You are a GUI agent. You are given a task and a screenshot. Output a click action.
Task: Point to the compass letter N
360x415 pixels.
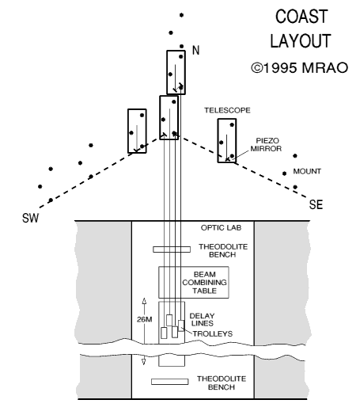pyautogui.click(x=197, y=51)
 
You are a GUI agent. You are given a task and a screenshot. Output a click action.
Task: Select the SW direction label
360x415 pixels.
pyautogui.click(x=29, y=218)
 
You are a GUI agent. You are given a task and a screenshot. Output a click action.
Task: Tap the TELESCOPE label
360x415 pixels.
pyautogui.click(x=225, y=111)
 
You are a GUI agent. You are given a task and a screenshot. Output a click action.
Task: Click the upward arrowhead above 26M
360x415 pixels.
pyautogui.click(x=144, y=301)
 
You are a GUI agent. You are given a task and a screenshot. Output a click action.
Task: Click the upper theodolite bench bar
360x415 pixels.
pyautogui.click(x=172, y=250)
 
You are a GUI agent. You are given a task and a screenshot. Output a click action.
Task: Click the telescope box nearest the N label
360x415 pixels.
pyautogui.click(x=176, y=72)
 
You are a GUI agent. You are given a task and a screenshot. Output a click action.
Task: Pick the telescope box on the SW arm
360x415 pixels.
pyautogui.click(x=137, y=130)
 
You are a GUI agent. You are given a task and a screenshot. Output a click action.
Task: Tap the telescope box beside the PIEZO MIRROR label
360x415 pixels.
pyautogui.click(x=226, y=141)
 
